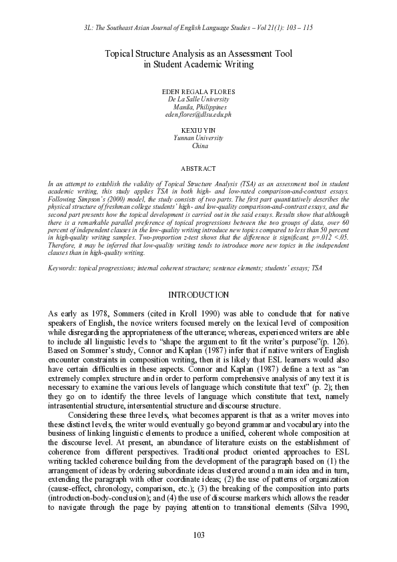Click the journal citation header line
pyautogui.click(x=199, y=29)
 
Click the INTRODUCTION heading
pyautogui.click(x=199, y=295)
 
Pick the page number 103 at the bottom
pyautogui.click(x=199, y=535)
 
